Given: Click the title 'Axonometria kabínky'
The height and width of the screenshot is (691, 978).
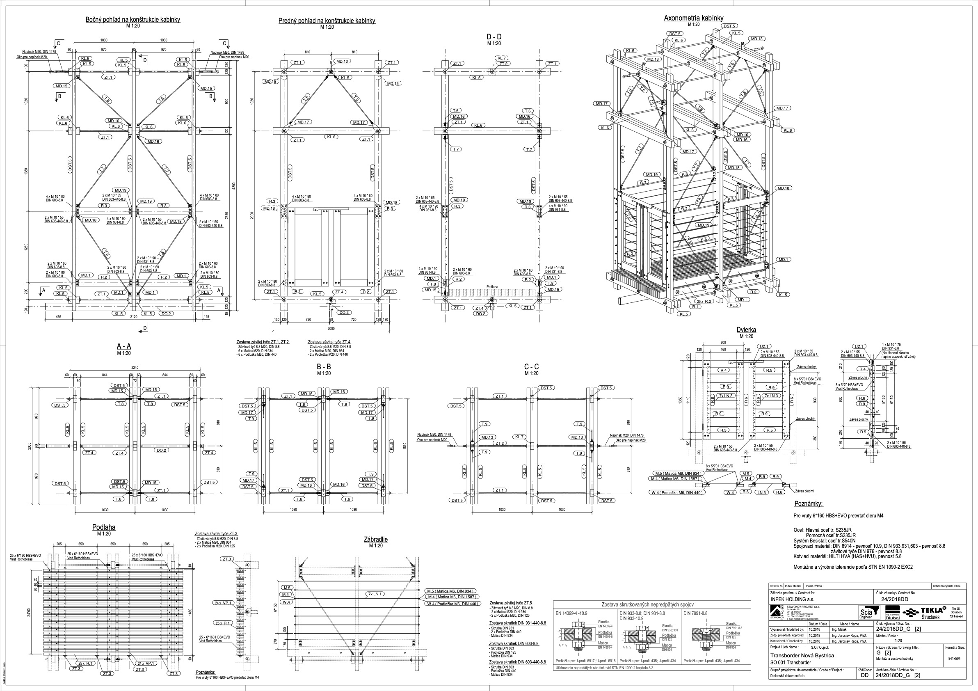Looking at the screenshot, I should click(x=693, y=18).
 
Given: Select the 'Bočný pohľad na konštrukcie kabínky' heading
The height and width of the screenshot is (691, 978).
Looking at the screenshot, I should click(x=133, y=19).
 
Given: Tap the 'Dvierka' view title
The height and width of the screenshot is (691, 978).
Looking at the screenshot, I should click(x=746, y=330).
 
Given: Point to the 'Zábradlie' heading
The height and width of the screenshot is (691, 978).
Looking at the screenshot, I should click(x=376, y=539).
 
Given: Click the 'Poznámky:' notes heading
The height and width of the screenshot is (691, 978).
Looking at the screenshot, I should click(x=809, y=503).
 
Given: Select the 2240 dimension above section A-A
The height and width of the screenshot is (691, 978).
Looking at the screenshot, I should click(x=135, y=368).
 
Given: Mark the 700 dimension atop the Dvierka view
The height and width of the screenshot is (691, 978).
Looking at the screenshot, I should click(x=723, y=343).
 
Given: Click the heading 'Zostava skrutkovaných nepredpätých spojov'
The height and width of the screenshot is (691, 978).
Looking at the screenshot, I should click(x=651, y=604).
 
